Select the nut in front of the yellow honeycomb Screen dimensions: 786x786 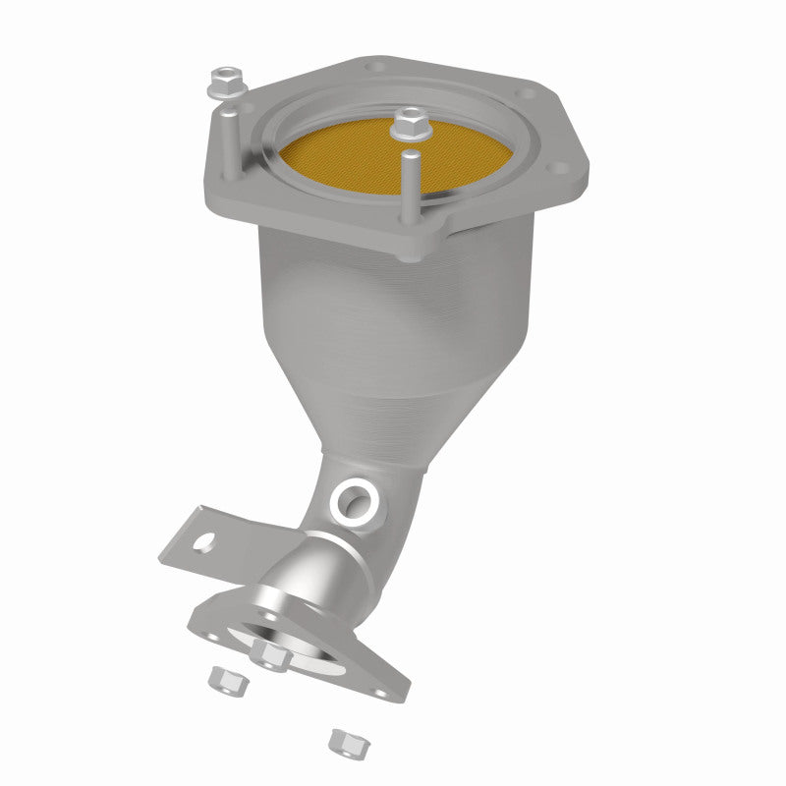pyautogui.click(x=408, y=125)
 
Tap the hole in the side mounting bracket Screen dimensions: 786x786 pyautogui.click(x=206, y=539)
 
